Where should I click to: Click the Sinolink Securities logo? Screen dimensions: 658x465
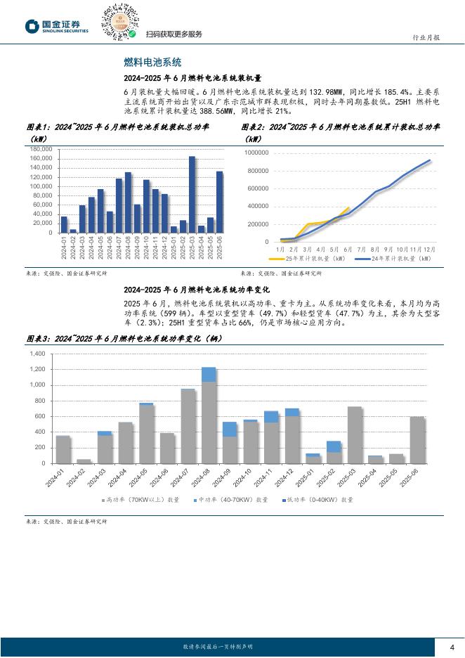(57, 26)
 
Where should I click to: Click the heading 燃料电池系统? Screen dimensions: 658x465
(152, 62)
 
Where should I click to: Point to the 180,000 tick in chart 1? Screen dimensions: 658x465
(41, 150)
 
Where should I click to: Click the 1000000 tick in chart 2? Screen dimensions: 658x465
(256, 153)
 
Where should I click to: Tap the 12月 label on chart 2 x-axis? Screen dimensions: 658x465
(430, 249)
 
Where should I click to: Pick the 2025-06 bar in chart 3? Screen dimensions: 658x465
(417, 439)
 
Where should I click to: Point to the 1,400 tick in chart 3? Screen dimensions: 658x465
(37, 354)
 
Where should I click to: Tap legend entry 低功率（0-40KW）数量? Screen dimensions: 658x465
(320, 500)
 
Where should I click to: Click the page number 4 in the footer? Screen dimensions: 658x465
(452, 647)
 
